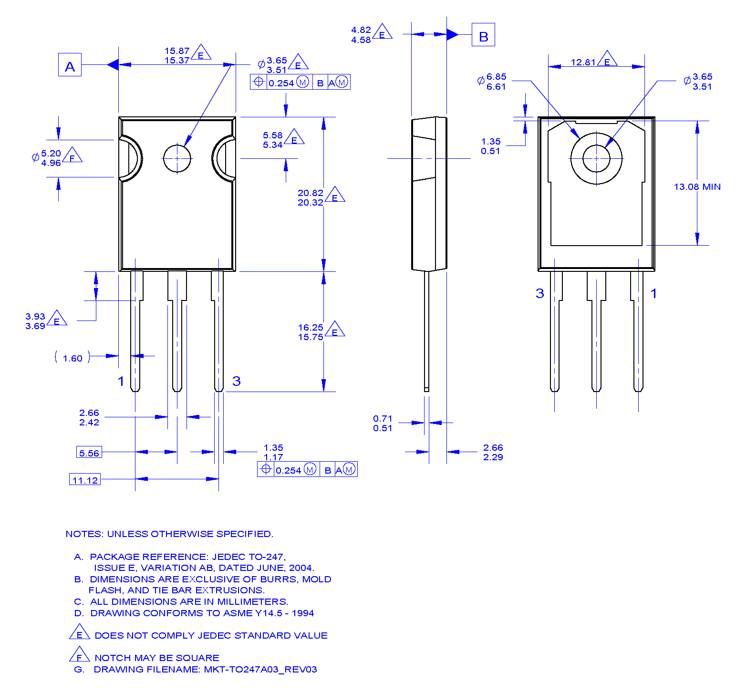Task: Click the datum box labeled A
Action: (70, 65)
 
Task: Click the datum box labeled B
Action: (483, 35)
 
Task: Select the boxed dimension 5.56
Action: (89, 452)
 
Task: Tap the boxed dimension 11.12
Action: (85, 479)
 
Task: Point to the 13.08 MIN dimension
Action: (697, 187)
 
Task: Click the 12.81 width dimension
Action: (583, 62)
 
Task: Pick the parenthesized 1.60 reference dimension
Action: (73, 358)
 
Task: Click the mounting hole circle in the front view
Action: (177, 158)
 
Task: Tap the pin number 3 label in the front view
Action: (236, 381)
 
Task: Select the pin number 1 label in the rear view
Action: (653, 293)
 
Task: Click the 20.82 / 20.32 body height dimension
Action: (311, 197)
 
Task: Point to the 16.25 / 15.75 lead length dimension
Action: (311, 332)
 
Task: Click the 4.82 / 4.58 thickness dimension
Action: (361, 35)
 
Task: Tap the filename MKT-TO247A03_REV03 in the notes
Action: (260, 669)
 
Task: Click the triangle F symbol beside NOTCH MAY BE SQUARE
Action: (79, 655)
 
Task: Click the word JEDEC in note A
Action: (227, 557)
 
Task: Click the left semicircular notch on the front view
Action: (130, 158)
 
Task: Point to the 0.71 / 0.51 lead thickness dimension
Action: (383, 423)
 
